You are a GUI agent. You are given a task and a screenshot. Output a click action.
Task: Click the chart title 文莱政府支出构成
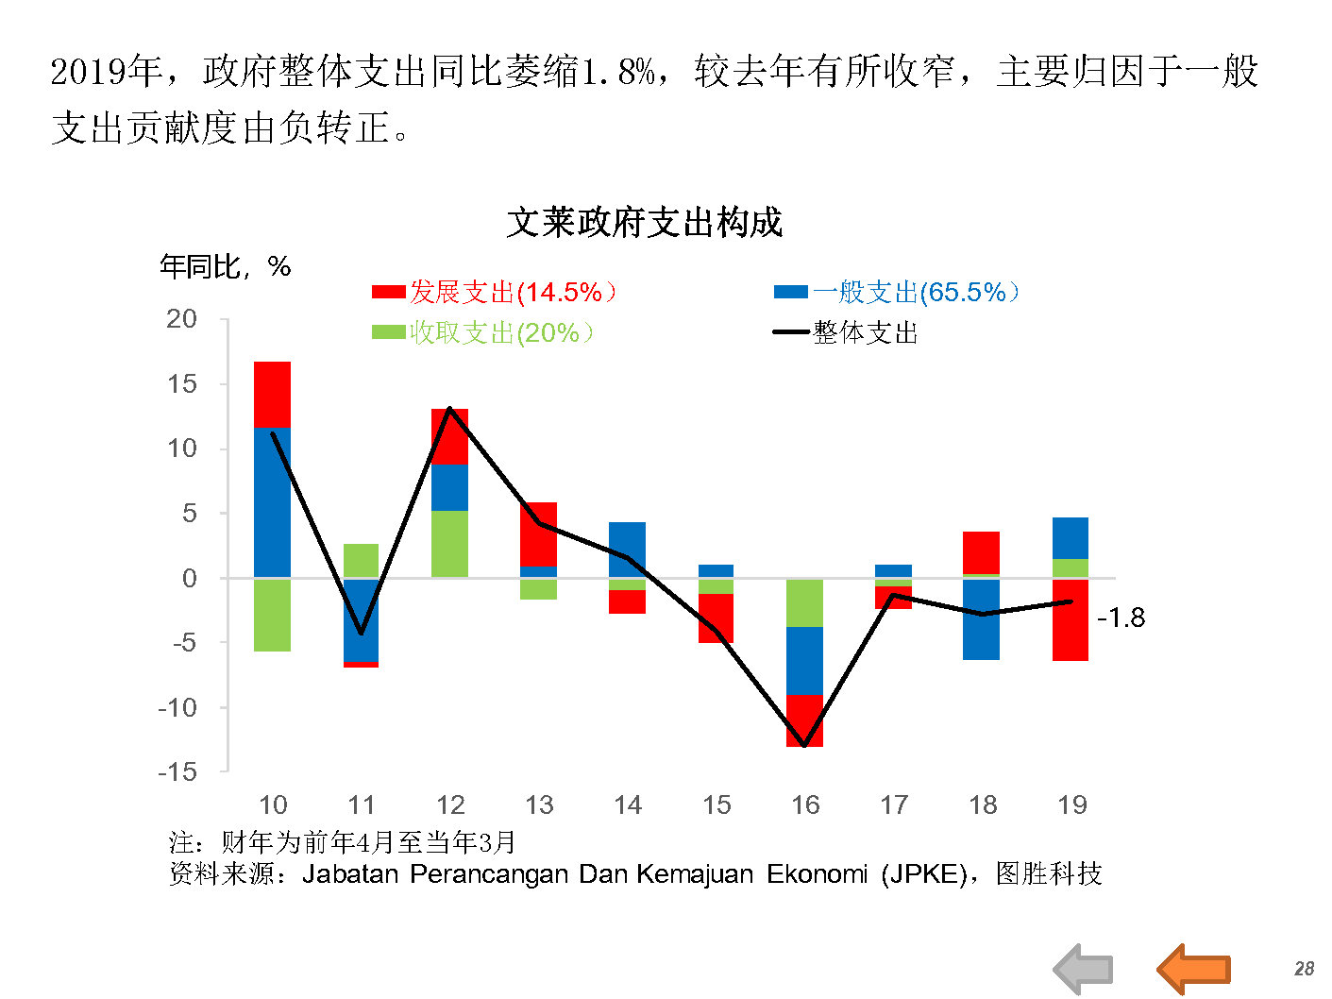[645, 223]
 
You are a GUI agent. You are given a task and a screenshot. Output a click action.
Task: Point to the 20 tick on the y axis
[182, 319]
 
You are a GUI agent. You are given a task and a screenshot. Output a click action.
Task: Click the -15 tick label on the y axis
[178, 771]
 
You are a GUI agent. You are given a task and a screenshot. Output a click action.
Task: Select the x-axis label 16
[805, 805]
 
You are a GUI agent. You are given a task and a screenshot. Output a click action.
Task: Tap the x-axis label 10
[273, 805]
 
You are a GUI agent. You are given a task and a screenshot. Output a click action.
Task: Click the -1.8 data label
[1121, 618]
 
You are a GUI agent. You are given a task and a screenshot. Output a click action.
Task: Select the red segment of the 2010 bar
[272, 395]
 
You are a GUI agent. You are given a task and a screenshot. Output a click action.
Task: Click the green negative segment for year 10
[272, 615]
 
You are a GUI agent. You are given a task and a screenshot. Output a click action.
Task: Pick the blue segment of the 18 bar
[982, 619]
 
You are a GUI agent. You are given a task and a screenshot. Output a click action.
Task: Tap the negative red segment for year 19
[1071, 619]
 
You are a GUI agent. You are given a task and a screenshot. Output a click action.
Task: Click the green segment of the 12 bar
[449, 544]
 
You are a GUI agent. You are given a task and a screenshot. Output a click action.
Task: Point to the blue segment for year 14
[627, 550]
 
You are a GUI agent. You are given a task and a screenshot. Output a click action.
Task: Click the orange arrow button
[1194, 968]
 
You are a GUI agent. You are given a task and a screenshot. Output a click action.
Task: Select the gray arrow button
[1084, 969]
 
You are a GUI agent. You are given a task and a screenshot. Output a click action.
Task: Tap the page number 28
[1304, 969]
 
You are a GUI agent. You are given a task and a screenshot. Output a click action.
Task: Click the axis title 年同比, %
[225, 267]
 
